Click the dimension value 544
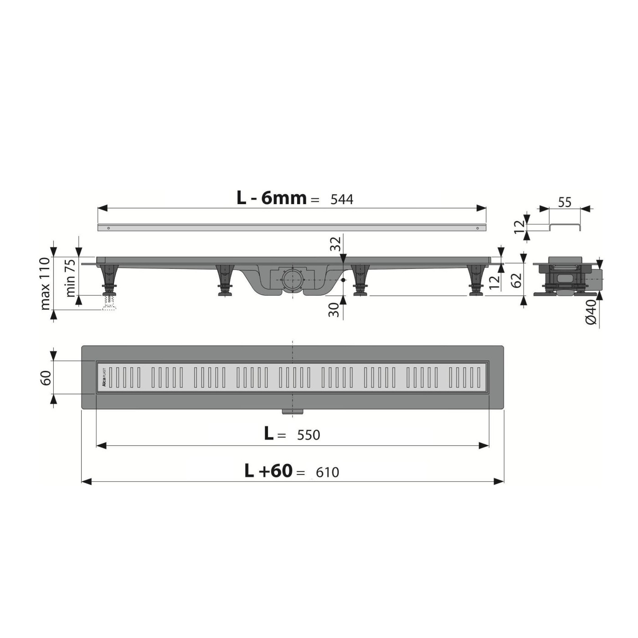click(342, 200)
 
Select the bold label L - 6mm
click(272, 198)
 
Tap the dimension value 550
click(309, 435)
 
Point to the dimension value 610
click(327, 472)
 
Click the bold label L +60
click(268, 471)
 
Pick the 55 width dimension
click(564, 202)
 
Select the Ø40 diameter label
click(591, 312)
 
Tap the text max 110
click(45, 283)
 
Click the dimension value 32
click(335, 244)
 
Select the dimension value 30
click(334, 310)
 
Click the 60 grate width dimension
click(46, 377)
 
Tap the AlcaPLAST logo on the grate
click(103, 377)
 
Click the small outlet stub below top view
click(292, 412)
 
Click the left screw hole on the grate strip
click(108, 228)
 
